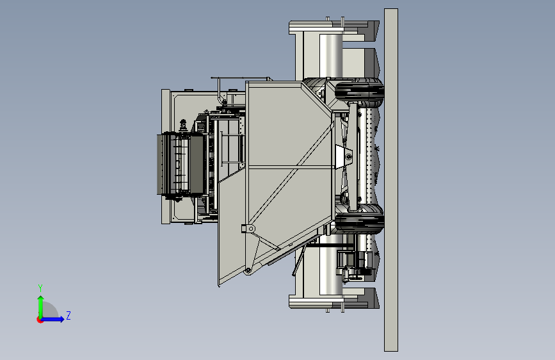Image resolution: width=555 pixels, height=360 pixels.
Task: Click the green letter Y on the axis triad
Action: click(x=40, y=288)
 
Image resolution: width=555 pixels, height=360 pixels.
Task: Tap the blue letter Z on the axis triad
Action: click(x=68, y=315)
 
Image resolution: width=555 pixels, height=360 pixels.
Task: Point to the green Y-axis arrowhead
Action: click(x=41, y=299)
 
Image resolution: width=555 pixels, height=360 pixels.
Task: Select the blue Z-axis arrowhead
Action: click(x=62, y=319)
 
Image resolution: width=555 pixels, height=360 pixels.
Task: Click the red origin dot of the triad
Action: click(x=40, y=320)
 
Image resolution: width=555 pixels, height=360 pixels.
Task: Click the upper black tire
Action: click(x=359, y=92)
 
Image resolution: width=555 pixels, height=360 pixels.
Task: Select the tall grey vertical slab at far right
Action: click(x=391, y=180)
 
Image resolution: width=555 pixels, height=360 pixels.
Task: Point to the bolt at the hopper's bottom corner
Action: click(x=248, y=271)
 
